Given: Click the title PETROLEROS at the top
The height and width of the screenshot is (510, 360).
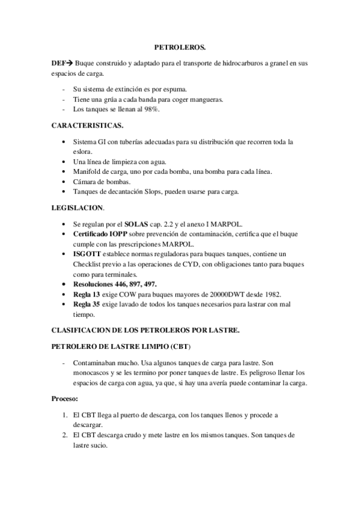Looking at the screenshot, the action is click(x=180, y=46).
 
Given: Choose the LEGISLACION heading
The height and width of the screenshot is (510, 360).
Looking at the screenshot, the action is click(x=78, y=208).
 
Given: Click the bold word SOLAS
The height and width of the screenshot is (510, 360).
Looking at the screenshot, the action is click(x=136, y=224).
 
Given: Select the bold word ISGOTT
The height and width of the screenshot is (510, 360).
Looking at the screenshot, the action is click(x=88, y=254).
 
